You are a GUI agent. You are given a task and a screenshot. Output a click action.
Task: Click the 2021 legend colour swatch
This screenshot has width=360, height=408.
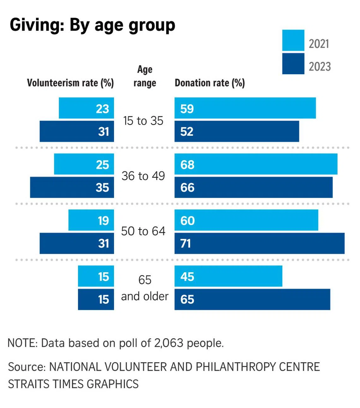tap(293, 40)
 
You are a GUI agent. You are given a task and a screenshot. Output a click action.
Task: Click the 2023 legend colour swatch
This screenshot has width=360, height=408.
tap(293, 64)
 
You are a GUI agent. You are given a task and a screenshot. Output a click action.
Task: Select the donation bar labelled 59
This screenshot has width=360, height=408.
tap(245, 108)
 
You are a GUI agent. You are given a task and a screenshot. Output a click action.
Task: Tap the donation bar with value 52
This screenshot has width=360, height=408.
tap(237, 131)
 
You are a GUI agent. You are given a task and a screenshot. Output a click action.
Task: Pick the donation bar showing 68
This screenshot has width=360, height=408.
tap(256, 164)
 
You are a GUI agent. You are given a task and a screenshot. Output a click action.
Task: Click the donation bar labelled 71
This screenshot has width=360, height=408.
tap(259, 243)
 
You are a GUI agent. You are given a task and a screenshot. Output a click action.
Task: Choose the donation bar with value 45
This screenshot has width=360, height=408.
tap(228, 276)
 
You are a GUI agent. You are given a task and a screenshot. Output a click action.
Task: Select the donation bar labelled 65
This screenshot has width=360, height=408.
tap(252, 299)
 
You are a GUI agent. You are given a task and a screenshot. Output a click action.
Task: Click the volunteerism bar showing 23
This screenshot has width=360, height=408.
tap(86, 108)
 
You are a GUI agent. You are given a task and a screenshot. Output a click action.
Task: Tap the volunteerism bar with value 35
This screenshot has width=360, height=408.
tap(72, 187)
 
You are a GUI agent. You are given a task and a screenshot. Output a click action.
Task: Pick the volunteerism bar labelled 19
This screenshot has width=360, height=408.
tap(91, 220)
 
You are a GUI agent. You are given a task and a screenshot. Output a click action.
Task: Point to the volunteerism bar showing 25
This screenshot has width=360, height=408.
tap(84, 164)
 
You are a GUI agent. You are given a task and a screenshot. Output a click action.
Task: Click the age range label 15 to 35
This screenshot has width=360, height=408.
tap(143, 121)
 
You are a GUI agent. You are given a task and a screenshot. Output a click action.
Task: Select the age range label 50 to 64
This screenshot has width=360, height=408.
tap(143, 231)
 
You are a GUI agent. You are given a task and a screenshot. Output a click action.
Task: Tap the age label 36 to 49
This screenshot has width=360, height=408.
tap(143, 176)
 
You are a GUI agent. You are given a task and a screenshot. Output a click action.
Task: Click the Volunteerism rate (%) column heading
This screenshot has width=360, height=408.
tap(70, 83)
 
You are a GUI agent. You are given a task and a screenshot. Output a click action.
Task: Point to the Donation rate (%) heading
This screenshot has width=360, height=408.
tap(210, 83)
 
